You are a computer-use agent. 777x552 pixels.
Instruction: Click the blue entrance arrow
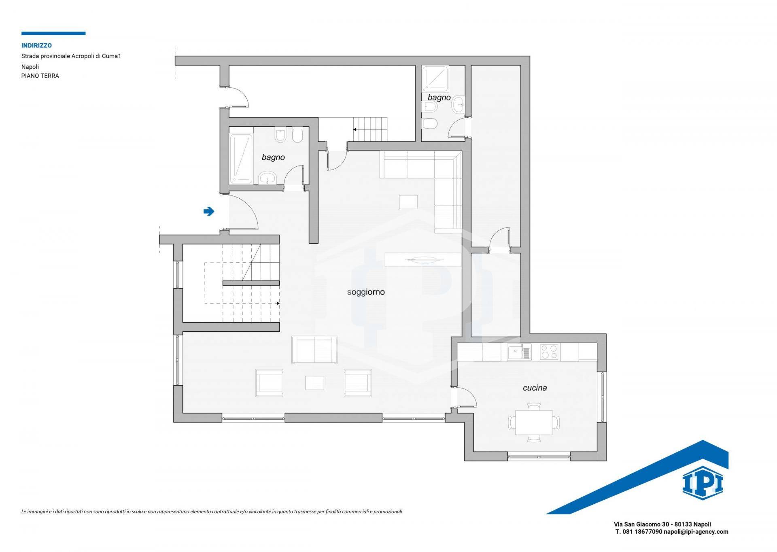209,211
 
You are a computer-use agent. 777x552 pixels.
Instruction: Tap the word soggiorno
366,292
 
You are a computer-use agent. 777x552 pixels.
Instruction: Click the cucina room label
535,388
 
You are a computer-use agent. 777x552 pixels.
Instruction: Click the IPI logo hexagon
703,483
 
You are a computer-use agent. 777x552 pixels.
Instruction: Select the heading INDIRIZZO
36,46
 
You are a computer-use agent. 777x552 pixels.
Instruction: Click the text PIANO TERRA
40,76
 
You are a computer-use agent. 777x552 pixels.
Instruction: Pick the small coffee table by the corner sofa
408,202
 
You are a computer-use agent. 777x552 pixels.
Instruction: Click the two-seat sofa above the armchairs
314,350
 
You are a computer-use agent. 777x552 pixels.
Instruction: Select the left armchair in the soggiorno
269,383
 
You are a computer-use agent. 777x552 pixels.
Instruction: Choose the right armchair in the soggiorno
358,383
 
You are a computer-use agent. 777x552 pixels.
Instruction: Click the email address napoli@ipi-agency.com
696,532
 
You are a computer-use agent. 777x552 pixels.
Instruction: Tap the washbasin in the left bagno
267,177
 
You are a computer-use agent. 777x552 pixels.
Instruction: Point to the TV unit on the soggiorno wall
423,260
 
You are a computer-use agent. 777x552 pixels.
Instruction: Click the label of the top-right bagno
439,98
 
